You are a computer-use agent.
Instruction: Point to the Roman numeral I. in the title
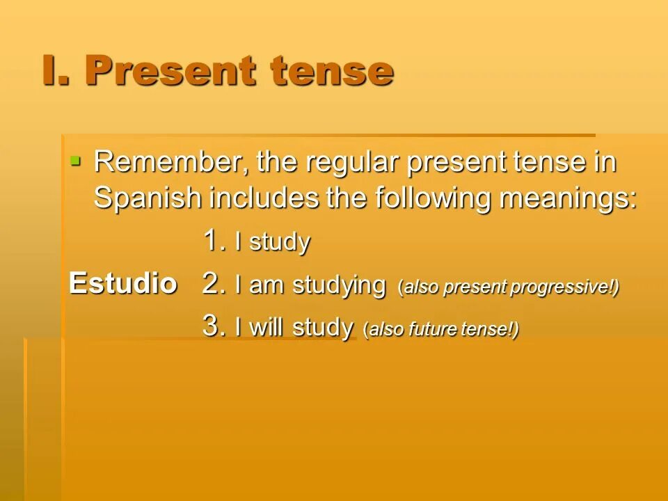tap(57, 71)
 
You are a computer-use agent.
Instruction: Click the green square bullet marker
tap(76, 161)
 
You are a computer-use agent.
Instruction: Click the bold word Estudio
tap(123, 284)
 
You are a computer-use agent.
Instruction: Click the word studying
tap(339, 286)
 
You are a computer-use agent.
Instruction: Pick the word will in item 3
tap(267, 327)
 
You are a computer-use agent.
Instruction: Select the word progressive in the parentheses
tap(559, 287)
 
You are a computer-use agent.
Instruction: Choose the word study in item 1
tap(279, 244)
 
